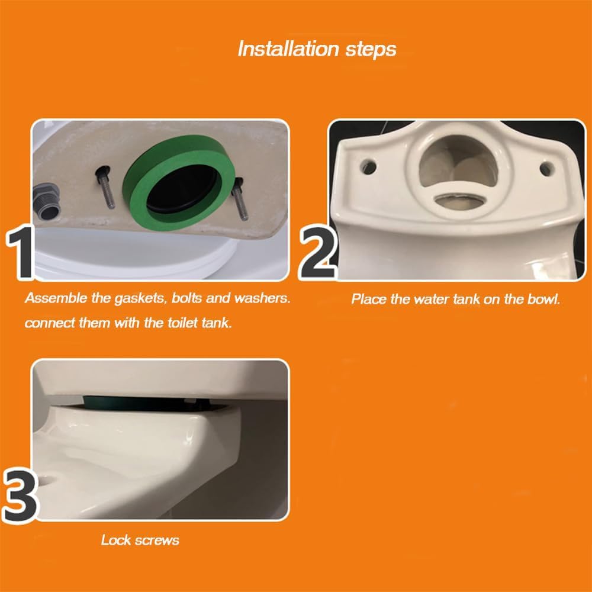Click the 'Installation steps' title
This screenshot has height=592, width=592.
[317, 49]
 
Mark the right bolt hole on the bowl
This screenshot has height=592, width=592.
[547, 168]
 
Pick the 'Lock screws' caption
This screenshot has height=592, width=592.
[140, 540]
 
